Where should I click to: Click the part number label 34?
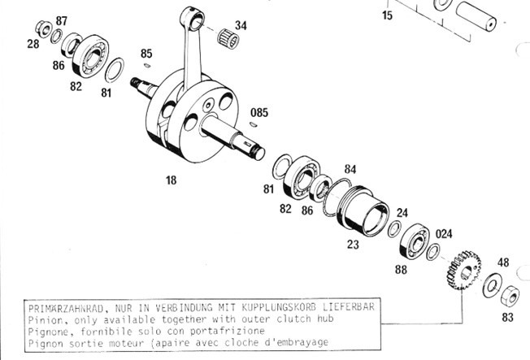click(241, 25)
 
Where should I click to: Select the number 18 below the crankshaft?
click(171, 180)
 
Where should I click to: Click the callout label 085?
click(259, 113)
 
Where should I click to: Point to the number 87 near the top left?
click(61, 21)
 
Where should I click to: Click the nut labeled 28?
click(43, 29)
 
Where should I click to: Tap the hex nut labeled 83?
click(510, 296)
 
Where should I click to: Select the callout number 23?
click(353, 244)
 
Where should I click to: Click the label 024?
click(444, 234)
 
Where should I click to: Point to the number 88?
click(401, 270)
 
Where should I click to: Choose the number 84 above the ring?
click(350, 169)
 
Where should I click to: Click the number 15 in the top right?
click(388, 15)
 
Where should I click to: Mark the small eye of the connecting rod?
click(193, 20)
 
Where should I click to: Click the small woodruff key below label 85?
click(147, 65)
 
